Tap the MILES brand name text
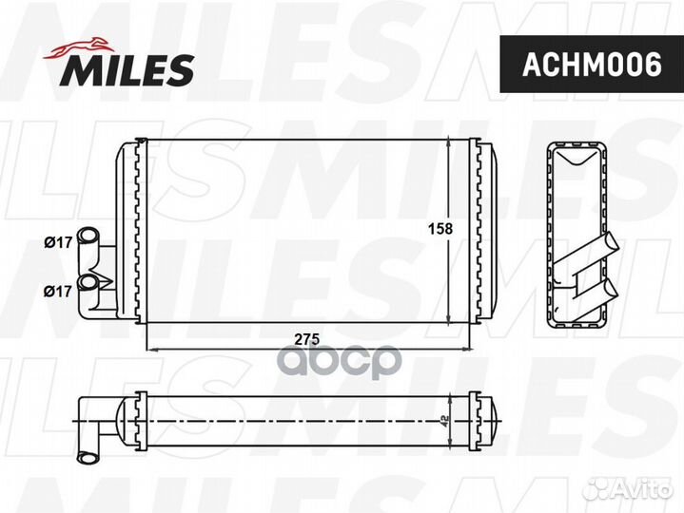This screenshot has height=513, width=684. pos(129,69)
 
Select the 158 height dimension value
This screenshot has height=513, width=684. pos(439,229)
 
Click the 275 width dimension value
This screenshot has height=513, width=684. pos(305,339)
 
